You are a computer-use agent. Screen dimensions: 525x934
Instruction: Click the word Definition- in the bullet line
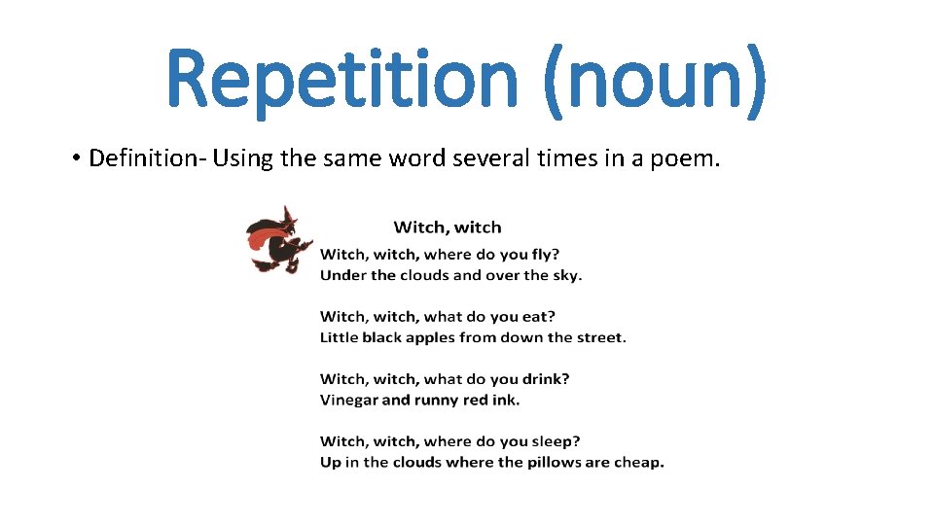pos(143,158)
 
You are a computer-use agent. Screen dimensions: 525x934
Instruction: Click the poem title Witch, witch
pos(448,227)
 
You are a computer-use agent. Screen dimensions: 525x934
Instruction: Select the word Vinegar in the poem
pos(349,401)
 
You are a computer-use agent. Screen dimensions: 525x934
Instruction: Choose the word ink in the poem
pos(507,401)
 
